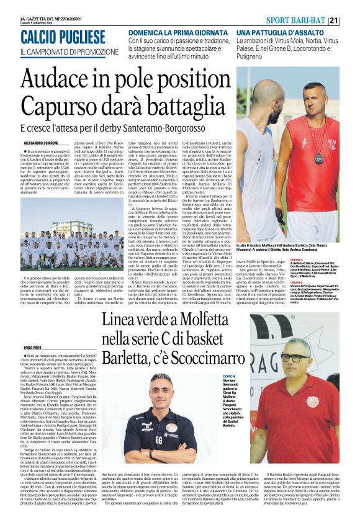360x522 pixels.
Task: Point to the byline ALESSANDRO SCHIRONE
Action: click(x=38, y=143)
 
